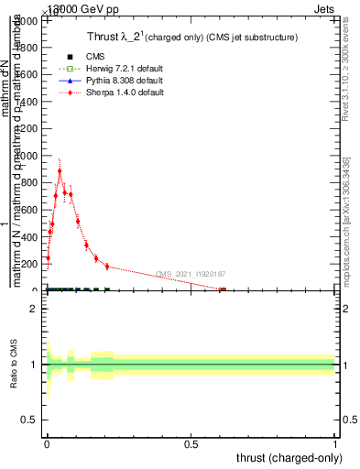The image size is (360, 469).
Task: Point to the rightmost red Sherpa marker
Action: pyautogui.click(x=223, y=289)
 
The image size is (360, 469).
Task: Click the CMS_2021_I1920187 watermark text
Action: pyautogui.click(x=191, y=274)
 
